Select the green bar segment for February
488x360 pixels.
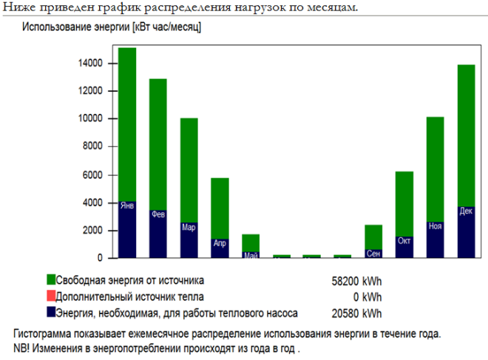click(157, 144)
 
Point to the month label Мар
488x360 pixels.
click(189, 228)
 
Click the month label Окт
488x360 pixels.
click(404, 241)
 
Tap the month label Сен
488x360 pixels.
click(373, 254)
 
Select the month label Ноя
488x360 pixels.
click(435, 226)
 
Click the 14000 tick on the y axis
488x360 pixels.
click(90, 64)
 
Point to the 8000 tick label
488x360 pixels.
click(92, 146)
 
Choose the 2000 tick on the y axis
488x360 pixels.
click(92, 230)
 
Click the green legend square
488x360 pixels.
click(51, 280)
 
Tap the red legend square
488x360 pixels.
click(51, 296)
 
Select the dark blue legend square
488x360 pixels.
click(51, 312)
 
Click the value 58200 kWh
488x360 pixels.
click(357, 281)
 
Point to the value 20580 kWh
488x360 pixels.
click(357, 313)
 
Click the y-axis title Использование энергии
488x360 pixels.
click(112, 27)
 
